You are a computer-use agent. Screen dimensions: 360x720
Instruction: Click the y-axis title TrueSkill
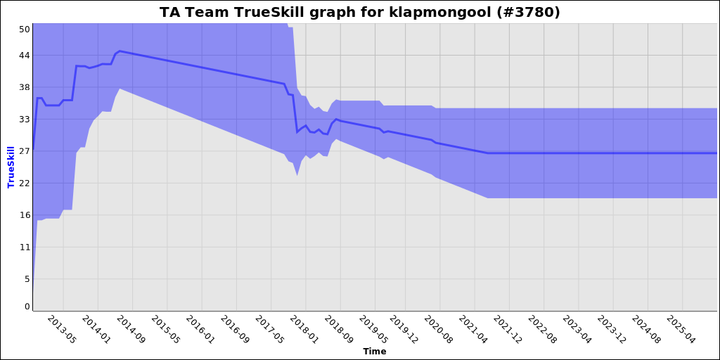(x=11, y=167)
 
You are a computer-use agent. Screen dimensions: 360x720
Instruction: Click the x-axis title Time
(x=374, y=351)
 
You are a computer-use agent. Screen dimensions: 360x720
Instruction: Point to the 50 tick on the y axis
(x=25, y=29)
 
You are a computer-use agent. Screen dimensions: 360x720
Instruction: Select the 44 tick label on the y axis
(x=25, y=55)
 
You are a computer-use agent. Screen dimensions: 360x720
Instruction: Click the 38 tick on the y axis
(x=25, y=87)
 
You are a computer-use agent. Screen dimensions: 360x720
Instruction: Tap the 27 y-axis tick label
(x=25, y=151)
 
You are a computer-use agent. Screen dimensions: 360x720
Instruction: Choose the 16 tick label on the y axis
(x=25, y=215)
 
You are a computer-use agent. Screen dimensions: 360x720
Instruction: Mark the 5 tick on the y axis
(x=27, y=279)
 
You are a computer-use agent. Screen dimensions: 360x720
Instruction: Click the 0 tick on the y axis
(x=27, y=307)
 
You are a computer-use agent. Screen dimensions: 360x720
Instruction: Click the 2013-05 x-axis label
(x=61, y=329)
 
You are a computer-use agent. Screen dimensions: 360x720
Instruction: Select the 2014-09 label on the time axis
(x=130, y=329)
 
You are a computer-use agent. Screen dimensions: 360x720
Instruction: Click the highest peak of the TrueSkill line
(x=120, y=51)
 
